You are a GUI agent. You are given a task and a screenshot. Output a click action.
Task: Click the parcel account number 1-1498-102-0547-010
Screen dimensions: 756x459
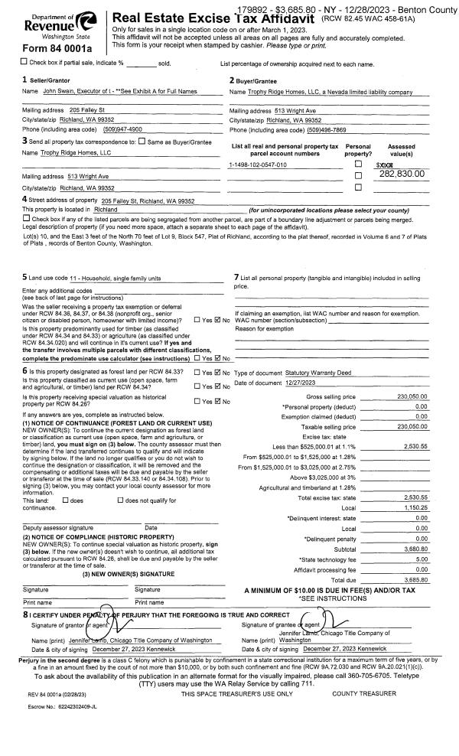pos(258,165)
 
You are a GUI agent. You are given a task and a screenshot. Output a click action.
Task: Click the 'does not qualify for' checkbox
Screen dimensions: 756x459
pos(119,479)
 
